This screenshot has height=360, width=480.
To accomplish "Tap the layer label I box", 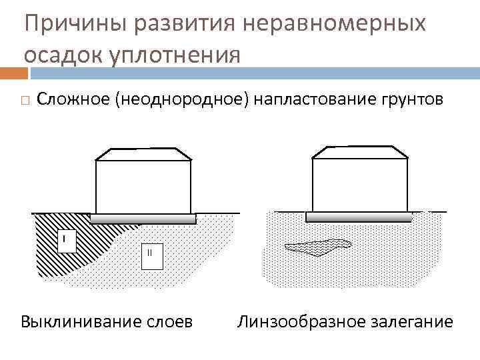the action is click(x=65, y=241).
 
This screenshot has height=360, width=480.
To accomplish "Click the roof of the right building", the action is click(x=360, y=153).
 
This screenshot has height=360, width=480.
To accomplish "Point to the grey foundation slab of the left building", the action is click(x=143, y=218).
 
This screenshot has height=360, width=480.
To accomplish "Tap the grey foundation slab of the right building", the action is click(x=361, y=217).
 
